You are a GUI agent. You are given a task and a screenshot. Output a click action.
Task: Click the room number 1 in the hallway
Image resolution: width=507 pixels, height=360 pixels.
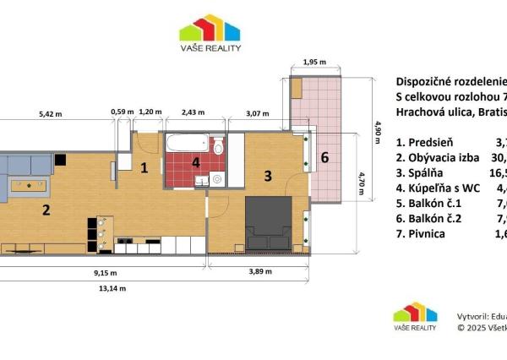click(144, 167)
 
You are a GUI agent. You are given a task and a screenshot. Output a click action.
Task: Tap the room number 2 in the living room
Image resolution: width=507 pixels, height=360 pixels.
click(47, 210)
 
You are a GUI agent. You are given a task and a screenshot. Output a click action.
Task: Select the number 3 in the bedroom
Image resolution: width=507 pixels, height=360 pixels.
click(267, 176)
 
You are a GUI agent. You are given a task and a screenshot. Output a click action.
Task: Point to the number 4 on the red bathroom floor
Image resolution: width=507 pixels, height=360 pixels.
click(196, 162)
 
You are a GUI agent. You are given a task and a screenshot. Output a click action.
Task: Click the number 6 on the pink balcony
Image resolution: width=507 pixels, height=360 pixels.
click(324, 157)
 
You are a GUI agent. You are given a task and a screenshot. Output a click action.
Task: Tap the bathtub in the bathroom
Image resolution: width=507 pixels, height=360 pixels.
click(187, 142)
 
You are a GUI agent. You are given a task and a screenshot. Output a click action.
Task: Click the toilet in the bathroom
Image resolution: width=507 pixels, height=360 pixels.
click(218, 147)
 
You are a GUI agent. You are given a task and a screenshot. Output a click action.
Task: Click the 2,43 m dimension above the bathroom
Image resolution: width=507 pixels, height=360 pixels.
click(194, 112)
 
